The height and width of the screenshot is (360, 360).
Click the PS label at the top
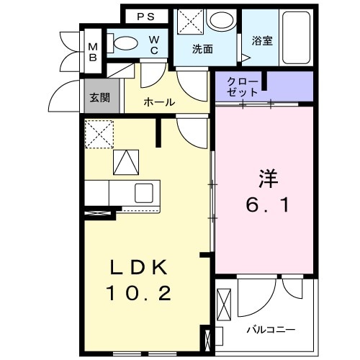pos(146,16)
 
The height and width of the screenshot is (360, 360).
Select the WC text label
pos(154,46)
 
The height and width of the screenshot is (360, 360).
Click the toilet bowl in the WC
pos(127,42)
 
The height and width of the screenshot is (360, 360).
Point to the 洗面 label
pos(202,50)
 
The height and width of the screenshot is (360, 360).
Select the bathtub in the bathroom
pos(295,38)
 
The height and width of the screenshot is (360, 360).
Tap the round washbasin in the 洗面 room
pos(220,19)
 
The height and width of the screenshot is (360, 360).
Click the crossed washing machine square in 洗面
pos(189,19)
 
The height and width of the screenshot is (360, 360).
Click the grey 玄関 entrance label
pos(99,99)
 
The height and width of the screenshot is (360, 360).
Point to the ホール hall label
pos(158,102)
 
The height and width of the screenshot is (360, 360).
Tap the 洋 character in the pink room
pos(267,177)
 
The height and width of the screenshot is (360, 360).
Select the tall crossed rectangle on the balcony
pos(224,302)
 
